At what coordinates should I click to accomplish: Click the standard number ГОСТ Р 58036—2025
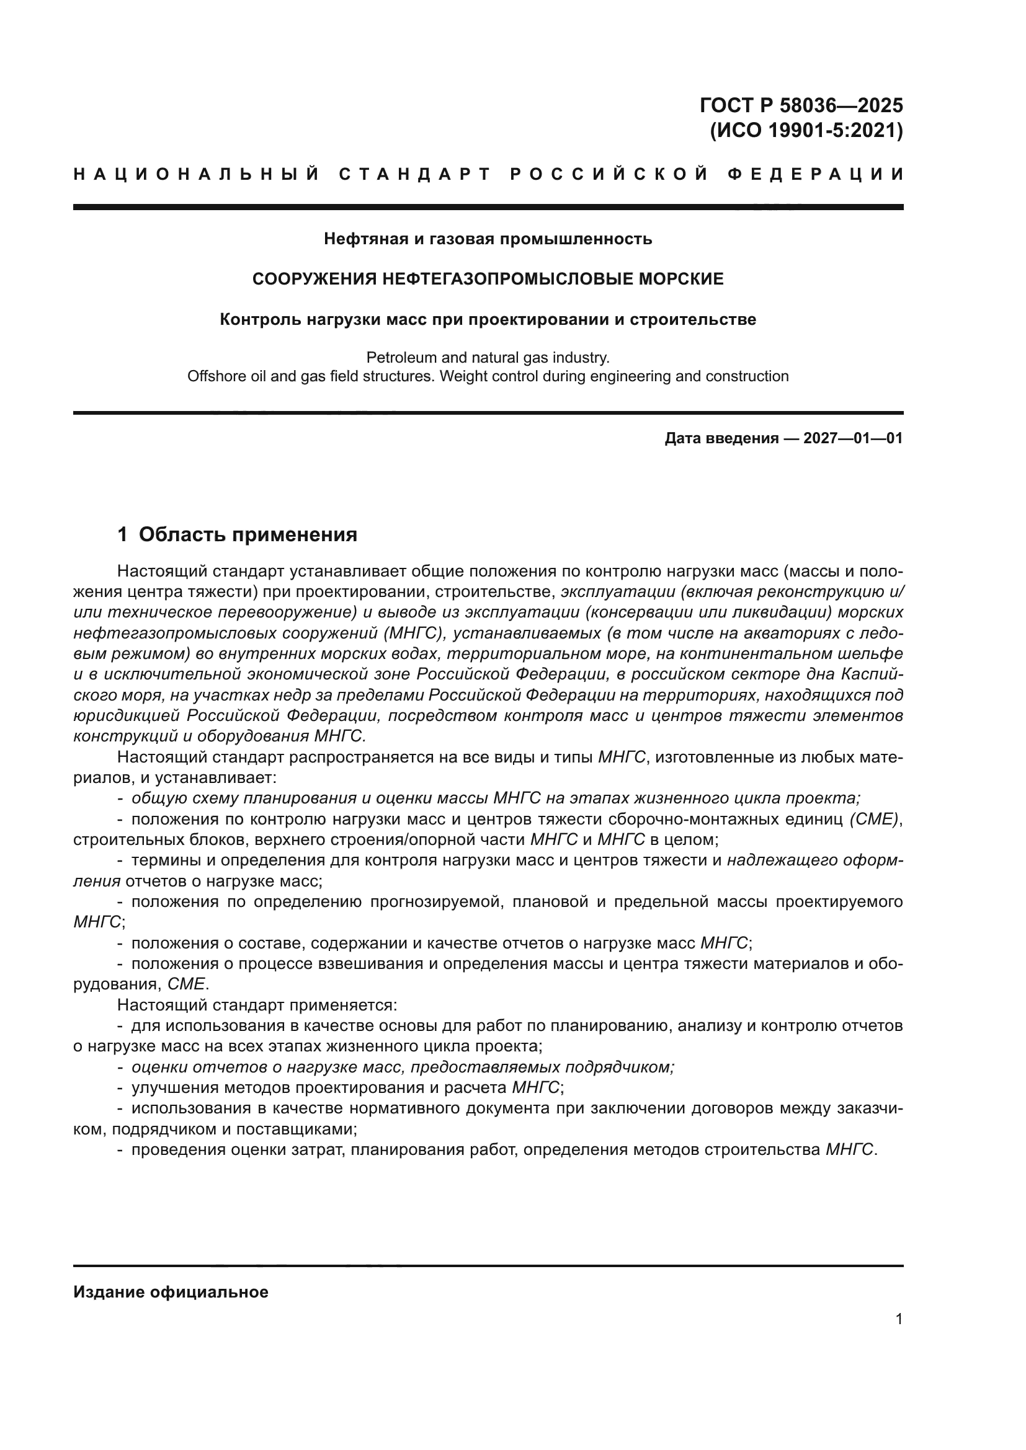(x=801, y=105)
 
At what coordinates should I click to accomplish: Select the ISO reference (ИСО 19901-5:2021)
(x=807, y=131)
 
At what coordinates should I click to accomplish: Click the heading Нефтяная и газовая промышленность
(x=488, y=239)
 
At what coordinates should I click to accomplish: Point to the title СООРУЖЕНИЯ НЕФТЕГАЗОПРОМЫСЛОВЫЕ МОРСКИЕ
(x=488, y=279)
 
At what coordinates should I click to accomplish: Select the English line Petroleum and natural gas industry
(x=488, y=358)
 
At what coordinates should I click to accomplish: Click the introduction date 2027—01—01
(x=853, y=438)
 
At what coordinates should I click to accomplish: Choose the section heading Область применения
(x=248, y=535)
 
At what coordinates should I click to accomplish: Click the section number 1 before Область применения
(x=123, y=535)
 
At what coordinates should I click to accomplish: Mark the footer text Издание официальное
(x=171, y=1292)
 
